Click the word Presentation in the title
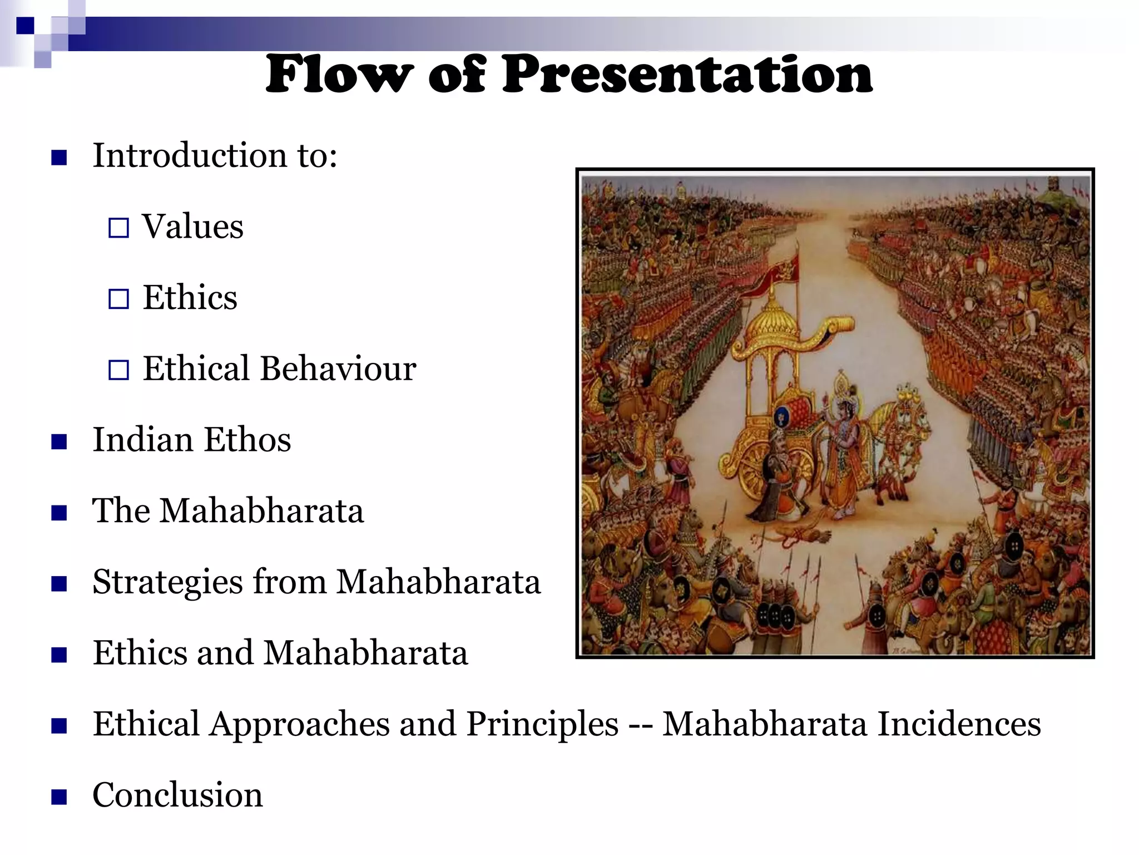687,75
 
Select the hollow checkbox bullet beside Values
118,228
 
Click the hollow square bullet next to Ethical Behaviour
118,370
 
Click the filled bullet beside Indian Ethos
59,441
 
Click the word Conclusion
177,795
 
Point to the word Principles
542,724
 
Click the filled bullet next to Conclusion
59,797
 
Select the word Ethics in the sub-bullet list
190,298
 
